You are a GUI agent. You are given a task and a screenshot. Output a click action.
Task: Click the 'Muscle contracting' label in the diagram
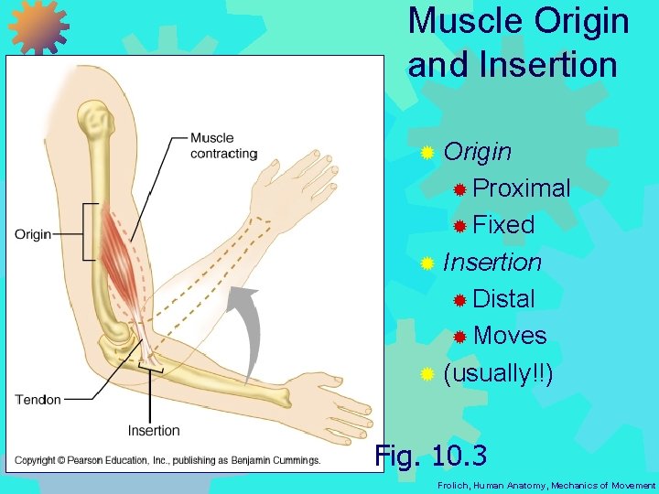coord(223,145)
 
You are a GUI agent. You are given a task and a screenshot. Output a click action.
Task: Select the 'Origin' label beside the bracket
coord(33,234)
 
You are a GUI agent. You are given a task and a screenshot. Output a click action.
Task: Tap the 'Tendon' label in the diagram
coord(38,399)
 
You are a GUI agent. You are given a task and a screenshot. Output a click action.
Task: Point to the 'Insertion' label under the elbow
coord(154,430)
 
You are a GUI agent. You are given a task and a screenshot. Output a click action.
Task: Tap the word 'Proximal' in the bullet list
coord(522,188)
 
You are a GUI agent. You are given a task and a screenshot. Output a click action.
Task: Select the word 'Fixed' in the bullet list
coord(503,225)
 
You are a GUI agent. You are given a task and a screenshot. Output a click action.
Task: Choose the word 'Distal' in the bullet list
coord(503,298)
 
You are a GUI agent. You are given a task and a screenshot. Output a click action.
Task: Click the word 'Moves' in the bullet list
coord(510,336)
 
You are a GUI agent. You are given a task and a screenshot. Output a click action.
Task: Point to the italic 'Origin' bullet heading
coord(477,152)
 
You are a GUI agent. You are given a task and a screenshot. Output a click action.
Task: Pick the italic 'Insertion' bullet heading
coord(492,263)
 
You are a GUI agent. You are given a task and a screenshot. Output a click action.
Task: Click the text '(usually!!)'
coord(498,373)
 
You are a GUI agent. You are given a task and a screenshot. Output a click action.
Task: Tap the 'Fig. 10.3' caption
coord(431,455)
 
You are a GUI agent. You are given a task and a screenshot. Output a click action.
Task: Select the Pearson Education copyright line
coord(167,460)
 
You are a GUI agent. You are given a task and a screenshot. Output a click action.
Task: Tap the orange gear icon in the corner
coord(39,26)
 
